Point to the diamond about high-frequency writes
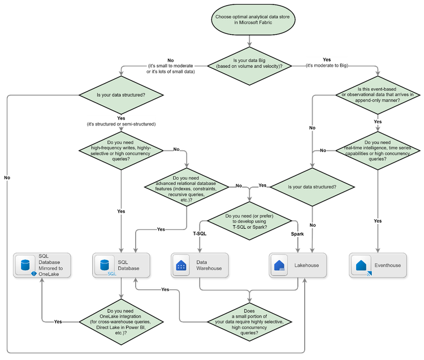121,150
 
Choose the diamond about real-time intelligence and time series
378,151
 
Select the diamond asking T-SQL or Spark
249,219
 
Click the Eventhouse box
378,264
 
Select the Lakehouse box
297,264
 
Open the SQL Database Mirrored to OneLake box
43,264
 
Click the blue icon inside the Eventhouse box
360,266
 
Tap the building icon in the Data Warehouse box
181,266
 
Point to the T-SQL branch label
200,233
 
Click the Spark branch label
297,233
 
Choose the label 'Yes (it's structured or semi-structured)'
121,120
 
